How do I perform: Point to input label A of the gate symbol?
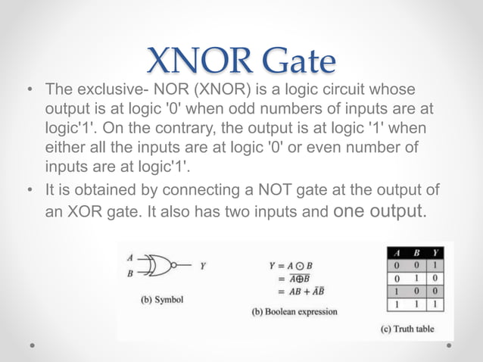click(130, 257)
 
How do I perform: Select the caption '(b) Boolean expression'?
click(294, 311)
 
